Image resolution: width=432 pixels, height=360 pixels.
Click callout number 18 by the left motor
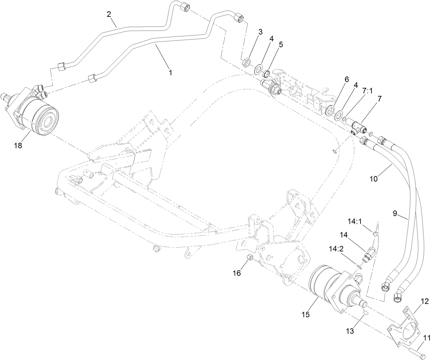click(18, 146)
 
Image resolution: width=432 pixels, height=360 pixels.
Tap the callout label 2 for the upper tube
click(109, 14)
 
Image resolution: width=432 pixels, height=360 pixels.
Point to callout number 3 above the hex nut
click(260, 32)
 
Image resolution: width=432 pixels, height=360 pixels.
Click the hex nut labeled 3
click(246, 63)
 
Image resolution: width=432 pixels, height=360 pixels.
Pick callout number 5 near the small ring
click(281, 45)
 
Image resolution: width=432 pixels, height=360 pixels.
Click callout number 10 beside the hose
click(374, 178)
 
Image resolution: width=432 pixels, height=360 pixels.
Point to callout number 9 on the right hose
click(395, 213)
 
